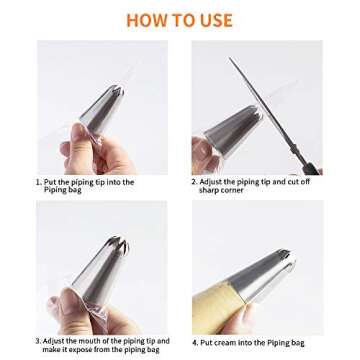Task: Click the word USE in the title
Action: click(216, 20)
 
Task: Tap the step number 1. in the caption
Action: click(39, 182)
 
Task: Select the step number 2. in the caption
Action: click(194, 182)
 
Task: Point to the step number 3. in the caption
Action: click(38, 341)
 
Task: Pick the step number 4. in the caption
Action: click(195, 343)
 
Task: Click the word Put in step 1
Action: click(49, 182)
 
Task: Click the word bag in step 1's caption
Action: click(74, 190)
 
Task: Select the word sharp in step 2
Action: click(208, 190)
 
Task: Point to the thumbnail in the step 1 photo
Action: click(79, 132)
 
